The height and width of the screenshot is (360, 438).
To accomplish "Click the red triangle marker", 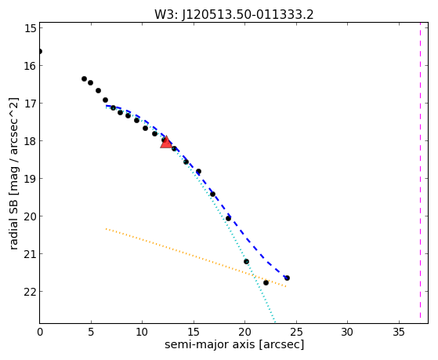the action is pos(166,143).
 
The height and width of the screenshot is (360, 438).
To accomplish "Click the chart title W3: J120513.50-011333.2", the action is pos(234,15).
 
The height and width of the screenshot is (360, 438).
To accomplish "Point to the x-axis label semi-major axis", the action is pos(209,344).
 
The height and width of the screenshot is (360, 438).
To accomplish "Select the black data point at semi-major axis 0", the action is pos(40,52).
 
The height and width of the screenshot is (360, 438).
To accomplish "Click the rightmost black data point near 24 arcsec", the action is pos(287,278).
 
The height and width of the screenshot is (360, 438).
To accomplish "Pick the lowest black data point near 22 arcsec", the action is pos(266,283).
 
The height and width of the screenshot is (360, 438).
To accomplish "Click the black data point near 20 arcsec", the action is pos(246,261).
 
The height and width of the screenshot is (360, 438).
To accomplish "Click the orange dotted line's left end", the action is pos(106,229).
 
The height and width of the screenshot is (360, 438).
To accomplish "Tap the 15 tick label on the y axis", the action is pos(31,28).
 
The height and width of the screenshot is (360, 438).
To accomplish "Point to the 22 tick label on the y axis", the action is pos(31,292).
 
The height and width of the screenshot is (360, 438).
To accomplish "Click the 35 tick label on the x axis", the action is pos(399,333).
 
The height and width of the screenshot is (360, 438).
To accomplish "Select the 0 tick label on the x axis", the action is pos(40,333).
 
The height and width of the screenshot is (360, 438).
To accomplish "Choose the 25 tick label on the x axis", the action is pos(296,333).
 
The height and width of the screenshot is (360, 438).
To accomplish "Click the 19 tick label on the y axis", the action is pos(31,179).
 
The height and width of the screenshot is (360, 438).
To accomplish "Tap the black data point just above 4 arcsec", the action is pos(84,79).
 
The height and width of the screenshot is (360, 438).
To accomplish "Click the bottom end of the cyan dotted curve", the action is pos(275,322).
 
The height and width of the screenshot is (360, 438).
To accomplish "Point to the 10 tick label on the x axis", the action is pos(142,333).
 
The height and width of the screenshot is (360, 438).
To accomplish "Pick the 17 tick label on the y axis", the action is pos(31,104).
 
